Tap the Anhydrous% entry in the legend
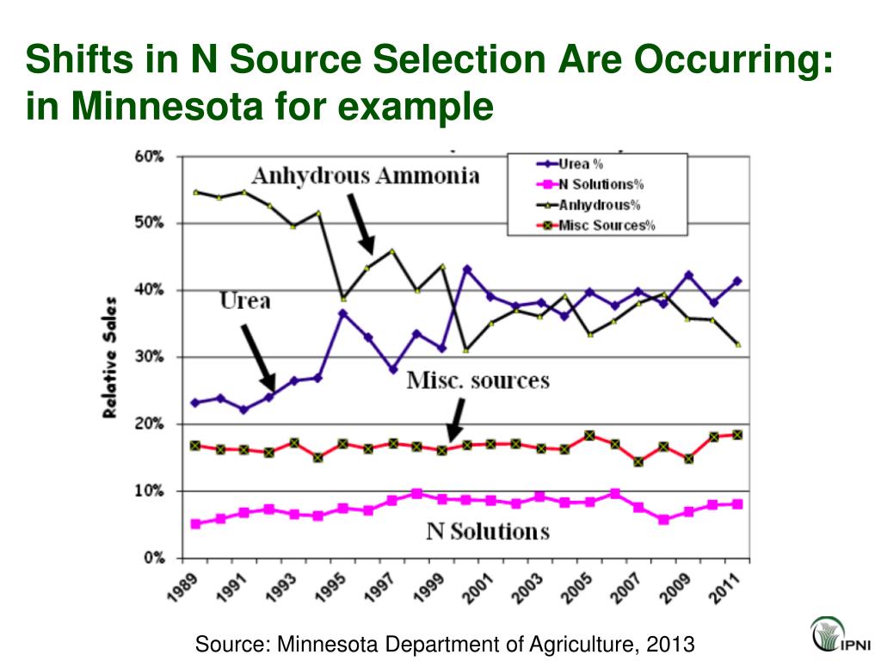[x=594, y=205]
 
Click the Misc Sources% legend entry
[x=602, y=225]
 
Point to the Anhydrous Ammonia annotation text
[x=365, y=176]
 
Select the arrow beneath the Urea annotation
[x=257, y=357]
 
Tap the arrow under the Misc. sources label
[x=455, y=421]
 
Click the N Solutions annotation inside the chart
[x=488, y=531]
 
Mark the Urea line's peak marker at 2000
[x=467, y=269]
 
